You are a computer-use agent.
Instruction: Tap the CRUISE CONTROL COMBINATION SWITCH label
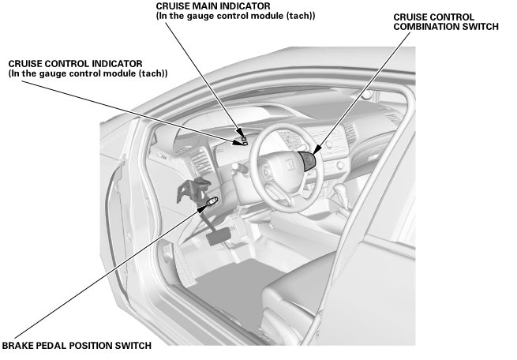click(x=445, y=21)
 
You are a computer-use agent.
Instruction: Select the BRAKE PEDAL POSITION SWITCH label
click(x=76, y=345)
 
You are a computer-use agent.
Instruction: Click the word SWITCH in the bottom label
click(x=129, y=345)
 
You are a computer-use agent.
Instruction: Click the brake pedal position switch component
click(x=212, y=204)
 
